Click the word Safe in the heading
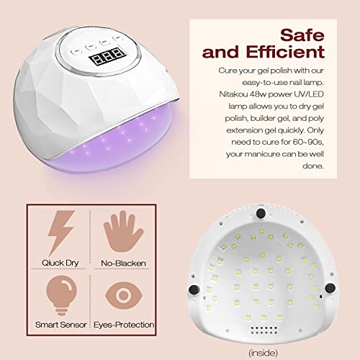pyautogui.click(x=302, y=35)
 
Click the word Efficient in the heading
pyautogui.click(x=285, y=52)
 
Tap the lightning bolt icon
pyautogui.click(x=61, y=233)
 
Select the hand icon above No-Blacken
pyautogui.click(x=123, y=231)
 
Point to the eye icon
pyautogui.click(x=124, y=294)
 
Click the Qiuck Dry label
pyautogui.click(x=60, y=263)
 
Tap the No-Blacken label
pyautogui.click(x=123, y=264)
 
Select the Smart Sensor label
pyautogui.click(x=61, y=325)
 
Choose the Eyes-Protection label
pyautogui.click(x=124, y=325)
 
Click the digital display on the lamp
pyautogui.click(x=108, y=56)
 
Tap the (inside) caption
pyautogui.click(x=264, y=353)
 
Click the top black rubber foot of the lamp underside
pyautogui.click(x=261, y=213)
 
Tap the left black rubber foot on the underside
pyautogui.click(x=194, y=289)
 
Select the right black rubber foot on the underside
pyautogui.click(x=330, y=288)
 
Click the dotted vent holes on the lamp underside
pyautogui.click(x=264, y=330)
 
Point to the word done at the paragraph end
pyautogui.click(x=313, y=166)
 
